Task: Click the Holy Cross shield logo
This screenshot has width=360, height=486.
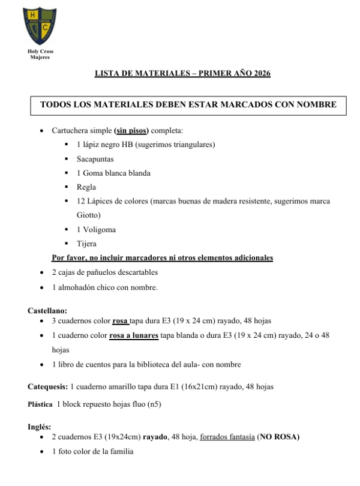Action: (x=40, y=26)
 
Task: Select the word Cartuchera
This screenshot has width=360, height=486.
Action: (x=72, y=130)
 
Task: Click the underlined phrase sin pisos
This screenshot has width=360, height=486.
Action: (x=131, y=130)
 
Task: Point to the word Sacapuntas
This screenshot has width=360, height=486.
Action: (x=95, y=159)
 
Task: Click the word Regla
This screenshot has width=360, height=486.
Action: (x=86, y=187)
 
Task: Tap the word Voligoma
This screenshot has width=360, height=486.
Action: (x=99, y=229)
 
